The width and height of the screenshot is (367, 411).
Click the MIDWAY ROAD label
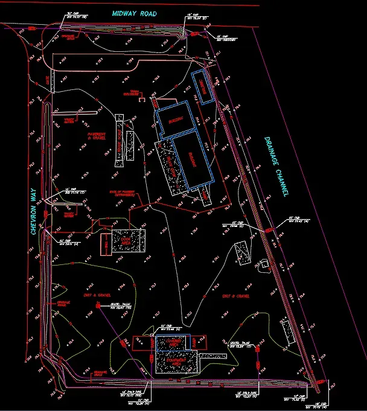tap(134, 13)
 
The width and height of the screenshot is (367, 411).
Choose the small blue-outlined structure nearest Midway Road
tap(203, 89)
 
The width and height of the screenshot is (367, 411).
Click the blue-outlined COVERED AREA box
tap(173, 342)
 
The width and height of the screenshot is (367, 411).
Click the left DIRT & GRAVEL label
tap(93, 295)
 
